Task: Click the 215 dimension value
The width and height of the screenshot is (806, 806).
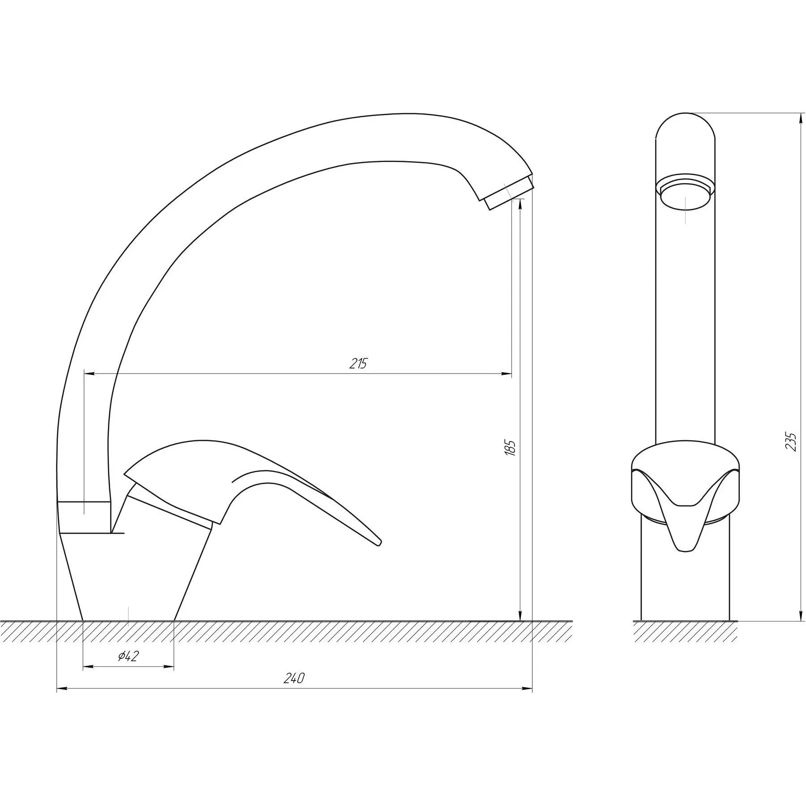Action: click(358, 364)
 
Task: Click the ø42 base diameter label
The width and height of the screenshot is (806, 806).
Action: click(129, 656)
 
